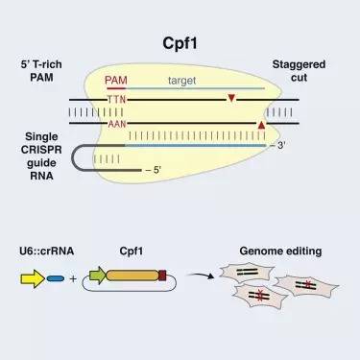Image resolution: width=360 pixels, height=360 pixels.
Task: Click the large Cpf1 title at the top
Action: pyautogui.click(x=180, y=43)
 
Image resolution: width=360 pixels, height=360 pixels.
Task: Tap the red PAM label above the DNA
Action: pyautogui.click(x=116, y=80)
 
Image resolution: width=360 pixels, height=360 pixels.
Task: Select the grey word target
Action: pyautogui.click(x=181, y=81)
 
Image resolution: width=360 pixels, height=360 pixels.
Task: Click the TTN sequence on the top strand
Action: pyautogui.click(x=116, y=100)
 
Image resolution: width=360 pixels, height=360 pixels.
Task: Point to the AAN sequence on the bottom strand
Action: pyautogui.click(x=117, y=124)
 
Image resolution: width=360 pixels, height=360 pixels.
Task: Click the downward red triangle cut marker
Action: pyautogui.click(x=231, y=98)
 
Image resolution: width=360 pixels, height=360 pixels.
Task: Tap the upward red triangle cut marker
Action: pyautogui.click(x=261, y=125)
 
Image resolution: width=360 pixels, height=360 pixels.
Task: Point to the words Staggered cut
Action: pyautogui.click(x=299, y=71)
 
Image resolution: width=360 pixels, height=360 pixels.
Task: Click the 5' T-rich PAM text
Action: pyautogui.click(x=41, y=71)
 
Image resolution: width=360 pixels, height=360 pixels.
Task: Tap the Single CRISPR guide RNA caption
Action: pyautogui.click(x=41, y=156)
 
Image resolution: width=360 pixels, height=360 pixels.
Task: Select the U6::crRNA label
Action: pyautogui.click(x=47, y=251)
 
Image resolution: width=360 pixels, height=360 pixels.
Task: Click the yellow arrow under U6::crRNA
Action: pyautogui.click(x=33, y=278)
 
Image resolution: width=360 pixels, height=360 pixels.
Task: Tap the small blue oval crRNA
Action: pyautogui.click(x=56, y=278)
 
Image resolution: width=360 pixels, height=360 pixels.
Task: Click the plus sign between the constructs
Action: pyautogui.click(x=73, y=278)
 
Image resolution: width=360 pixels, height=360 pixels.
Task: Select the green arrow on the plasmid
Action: pyautogui.click(x=97, y=276)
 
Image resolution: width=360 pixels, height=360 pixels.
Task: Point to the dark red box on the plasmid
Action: pyautogui.click(x=162, y=276)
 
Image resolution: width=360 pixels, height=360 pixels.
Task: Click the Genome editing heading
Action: pyautogui.click(x=280, y=251)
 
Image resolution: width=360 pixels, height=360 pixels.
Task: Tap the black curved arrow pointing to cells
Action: pyautogui.click(x=200, y=276)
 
